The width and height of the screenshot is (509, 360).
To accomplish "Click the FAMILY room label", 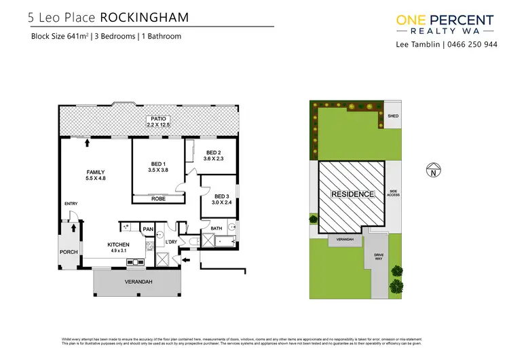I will (x=95, y=173).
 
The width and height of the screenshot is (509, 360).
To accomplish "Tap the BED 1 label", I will (x=158, y=164).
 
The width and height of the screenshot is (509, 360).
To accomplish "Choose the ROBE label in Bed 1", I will (x=158, y=199).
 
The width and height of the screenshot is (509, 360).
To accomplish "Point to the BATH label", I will (x=216, y=229).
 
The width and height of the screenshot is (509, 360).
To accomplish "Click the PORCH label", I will (x=69, y=252).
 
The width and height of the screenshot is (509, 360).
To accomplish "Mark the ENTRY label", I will (x=71, y=204).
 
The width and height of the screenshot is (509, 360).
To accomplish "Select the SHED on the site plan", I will (x=393, y=116).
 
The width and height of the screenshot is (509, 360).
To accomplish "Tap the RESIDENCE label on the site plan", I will (x=352, y=194).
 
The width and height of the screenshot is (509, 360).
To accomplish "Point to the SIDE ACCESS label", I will (x=394, y=194).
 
